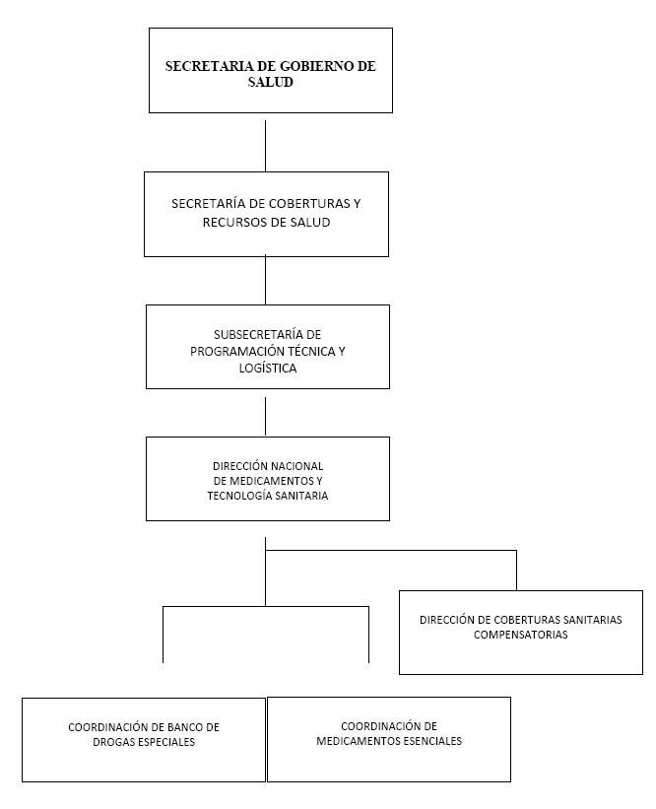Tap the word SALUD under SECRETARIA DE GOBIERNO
(x=270, y=82)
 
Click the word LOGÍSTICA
(x=268, y=368)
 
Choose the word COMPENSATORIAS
(x=521, y=635)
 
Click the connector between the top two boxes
(x=266, y=146)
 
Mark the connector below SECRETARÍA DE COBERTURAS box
(x=266, y=280)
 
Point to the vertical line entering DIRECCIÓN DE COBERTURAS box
(x=516, y=571)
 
